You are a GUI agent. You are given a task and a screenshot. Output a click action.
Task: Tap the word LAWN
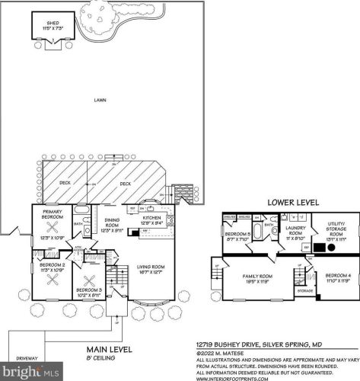click(x=100, y=100)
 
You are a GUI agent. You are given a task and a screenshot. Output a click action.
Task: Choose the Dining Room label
click(x=112, y=222)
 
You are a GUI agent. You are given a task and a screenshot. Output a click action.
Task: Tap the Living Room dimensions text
click(x=151, y=272)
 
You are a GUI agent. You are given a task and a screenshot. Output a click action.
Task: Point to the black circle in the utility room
click(x=330, y=248)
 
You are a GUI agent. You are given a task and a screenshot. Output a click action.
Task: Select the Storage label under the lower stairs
click(x=305, y=290)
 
